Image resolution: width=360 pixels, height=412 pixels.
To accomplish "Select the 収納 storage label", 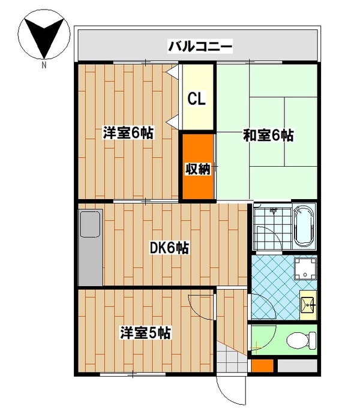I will tap(197, 169).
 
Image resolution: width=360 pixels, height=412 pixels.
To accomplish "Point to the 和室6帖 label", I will tap(268, 136).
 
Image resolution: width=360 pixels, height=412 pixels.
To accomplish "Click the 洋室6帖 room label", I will tap(128, 133).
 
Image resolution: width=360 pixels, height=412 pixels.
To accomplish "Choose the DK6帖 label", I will tap(170, 246).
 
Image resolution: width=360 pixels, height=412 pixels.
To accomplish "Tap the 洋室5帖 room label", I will tap(146, 332).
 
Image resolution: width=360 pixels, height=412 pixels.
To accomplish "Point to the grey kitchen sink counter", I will tap(90, 248).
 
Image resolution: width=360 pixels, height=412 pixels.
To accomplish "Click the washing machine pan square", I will tap(308, 268).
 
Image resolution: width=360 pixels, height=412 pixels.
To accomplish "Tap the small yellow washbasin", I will tap(309, 305).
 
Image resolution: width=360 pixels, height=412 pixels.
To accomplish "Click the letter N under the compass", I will tap(44, 66).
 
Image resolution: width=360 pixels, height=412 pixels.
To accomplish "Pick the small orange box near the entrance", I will tap(262, 365).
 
